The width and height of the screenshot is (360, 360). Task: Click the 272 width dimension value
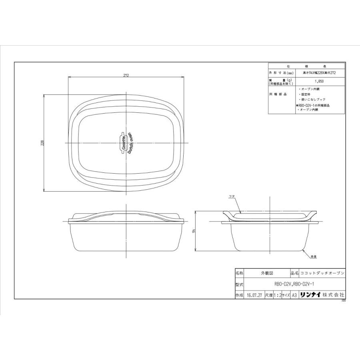pyautogui.click(x=126, y=75)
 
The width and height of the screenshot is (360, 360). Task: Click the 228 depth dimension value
pyautogui.click(x=42, y=143)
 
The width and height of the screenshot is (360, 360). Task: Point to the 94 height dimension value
pyautogui.click(x=194, y=232)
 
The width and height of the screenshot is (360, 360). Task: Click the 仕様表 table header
pyautogui.click(x=306, y=66)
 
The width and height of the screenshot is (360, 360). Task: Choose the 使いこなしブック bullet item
pyautogui.click(x=312, y=99)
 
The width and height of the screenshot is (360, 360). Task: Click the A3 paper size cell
pyautogui.click(x=294, y=295)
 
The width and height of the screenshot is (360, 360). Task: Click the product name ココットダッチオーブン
pyautogui.click(x=322, y=273)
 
